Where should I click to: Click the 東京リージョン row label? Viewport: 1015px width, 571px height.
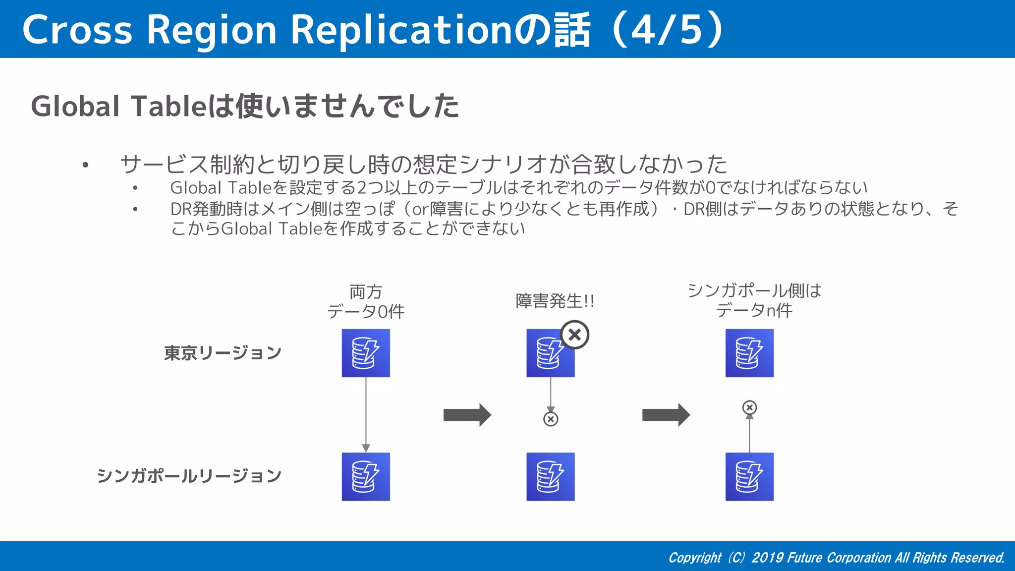point(223,353)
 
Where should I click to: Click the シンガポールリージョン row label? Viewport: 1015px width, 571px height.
point(189,476)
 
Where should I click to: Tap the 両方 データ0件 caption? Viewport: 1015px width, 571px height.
point(366,301)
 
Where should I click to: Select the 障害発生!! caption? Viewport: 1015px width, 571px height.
point(555,301)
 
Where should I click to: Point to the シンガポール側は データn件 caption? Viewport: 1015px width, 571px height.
point(754,300)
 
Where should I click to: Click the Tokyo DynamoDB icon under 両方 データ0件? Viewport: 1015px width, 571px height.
point(366,353)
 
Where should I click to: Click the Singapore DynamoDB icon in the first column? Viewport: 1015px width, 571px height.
point(366,476)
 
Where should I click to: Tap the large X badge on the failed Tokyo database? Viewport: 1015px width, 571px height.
point(574,335)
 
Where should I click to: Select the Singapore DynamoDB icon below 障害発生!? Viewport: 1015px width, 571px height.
point(551,476)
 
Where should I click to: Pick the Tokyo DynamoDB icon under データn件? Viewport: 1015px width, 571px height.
point(749,353)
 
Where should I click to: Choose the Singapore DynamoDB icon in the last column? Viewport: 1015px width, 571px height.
point(749,476)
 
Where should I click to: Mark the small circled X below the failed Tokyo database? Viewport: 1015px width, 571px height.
point(551,419)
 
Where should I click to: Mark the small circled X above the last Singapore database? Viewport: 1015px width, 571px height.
point(749,407)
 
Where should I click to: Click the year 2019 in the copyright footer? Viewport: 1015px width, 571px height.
point(767,558)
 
